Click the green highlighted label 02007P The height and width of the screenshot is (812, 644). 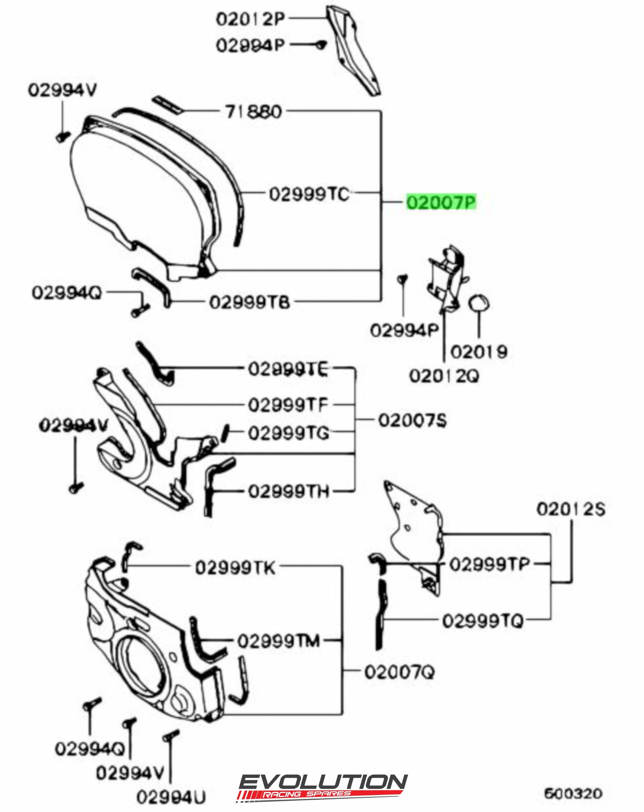tap(441, 202)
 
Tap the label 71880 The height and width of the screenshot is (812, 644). tap(254, 112)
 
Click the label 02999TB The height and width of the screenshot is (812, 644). tap(250, 302)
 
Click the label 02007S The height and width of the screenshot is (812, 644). tap(412, 420)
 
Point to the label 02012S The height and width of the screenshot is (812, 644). tap(571, 509)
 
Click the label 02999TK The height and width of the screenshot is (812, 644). tap(235, 568)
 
